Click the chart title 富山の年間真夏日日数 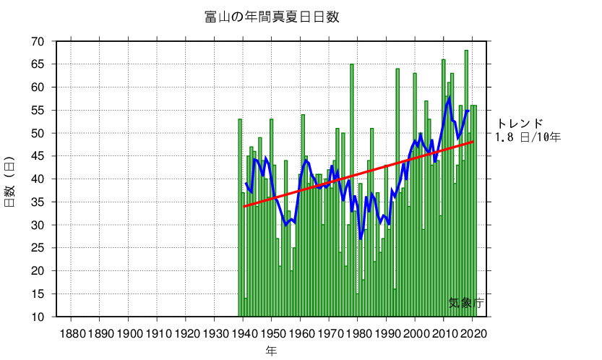click(x=272, y=17)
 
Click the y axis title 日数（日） click(x=10, y=181)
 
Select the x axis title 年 click(x=271, y=351)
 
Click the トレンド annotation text click(x=520, y=124)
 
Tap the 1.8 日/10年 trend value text click(x=528, y=136)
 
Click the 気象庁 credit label click(x=465, y=304)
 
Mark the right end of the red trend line click(x=473, y=142)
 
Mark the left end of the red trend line click(x=244, y=207)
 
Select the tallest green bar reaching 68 click(x=467, y=181)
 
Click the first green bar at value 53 click(x=240, y=217)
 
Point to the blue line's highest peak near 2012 click(x=450, y=98)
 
